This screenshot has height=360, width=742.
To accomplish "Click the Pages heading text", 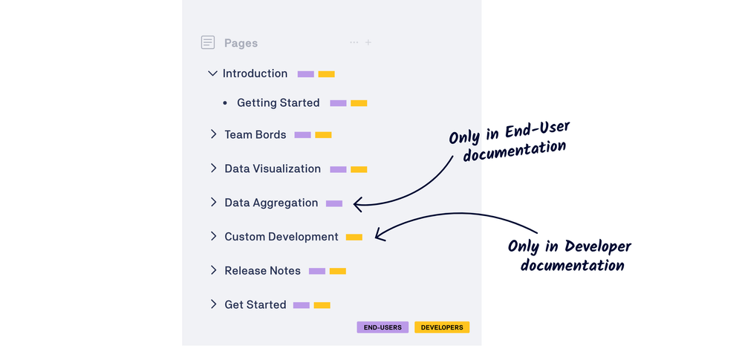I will point(241,43).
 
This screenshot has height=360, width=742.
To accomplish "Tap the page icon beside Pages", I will point(208,43).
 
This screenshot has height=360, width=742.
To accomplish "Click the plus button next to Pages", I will point(368,42).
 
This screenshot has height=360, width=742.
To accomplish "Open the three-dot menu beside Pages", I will point(354,42).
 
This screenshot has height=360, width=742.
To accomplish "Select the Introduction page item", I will point(255,73).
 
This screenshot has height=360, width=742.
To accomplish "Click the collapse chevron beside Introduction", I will point(212,73).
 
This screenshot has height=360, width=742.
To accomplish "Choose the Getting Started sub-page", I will point(278,103).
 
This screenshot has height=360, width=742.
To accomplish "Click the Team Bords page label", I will point(255,135).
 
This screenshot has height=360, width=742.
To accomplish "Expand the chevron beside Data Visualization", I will point(213,168).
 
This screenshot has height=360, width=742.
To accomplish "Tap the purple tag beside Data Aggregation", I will point(334,203).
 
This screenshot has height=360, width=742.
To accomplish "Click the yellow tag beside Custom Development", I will point(354,238).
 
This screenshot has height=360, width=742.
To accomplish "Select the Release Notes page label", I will point(262,271).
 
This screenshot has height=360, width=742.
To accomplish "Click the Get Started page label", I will point(255,305).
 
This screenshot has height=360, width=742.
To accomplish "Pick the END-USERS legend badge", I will point(383,327).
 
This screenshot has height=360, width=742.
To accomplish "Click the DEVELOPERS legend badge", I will point(442,327).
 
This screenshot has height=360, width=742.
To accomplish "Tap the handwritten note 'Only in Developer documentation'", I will point(570,256).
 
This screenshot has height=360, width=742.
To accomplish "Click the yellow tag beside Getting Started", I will point(359,103).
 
